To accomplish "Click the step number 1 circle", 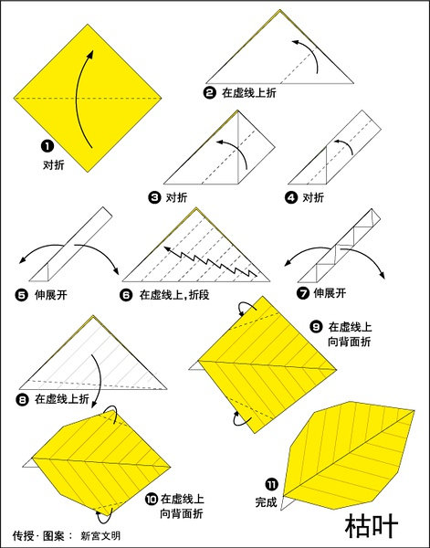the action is [x=47, y=146].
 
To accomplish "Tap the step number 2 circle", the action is [x=210, y=92].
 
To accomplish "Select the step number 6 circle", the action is [x=126, y=295].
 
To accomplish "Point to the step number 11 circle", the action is [x=272, y=485].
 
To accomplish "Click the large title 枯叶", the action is [x=372, y=525].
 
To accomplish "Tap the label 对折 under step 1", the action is [x=54, y=164].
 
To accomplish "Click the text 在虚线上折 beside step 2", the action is [x=249, y=92].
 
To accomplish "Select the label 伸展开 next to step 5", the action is [x=50, y=295].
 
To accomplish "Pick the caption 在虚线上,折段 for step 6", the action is [x=174, y=295].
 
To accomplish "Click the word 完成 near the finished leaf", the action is [x=267, y=502].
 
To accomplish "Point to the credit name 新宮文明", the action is [x=100, y=536].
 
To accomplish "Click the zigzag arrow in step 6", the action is [x=210, y=261].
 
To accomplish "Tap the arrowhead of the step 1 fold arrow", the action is [x=90, y=54].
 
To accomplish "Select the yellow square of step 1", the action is [x=88, y=99].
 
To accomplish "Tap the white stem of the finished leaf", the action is [x=287, y=503].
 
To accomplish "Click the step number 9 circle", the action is [x=316, y=326].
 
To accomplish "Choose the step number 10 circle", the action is [x=151, y=500].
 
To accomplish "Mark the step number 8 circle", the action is [x=22, y=399].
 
